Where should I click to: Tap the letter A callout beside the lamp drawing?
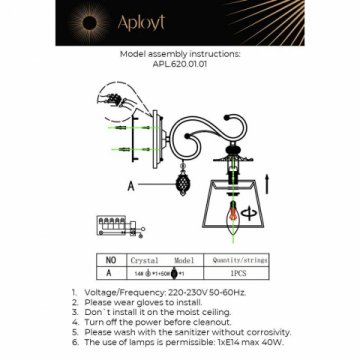point(131,185)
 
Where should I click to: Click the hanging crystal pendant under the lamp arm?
point(183,186)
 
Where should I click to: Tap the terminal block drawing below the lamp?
point(114,226)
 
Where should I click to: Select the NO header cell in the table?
point(111,258)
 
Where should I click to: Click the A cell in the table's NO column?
point(111,270)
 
